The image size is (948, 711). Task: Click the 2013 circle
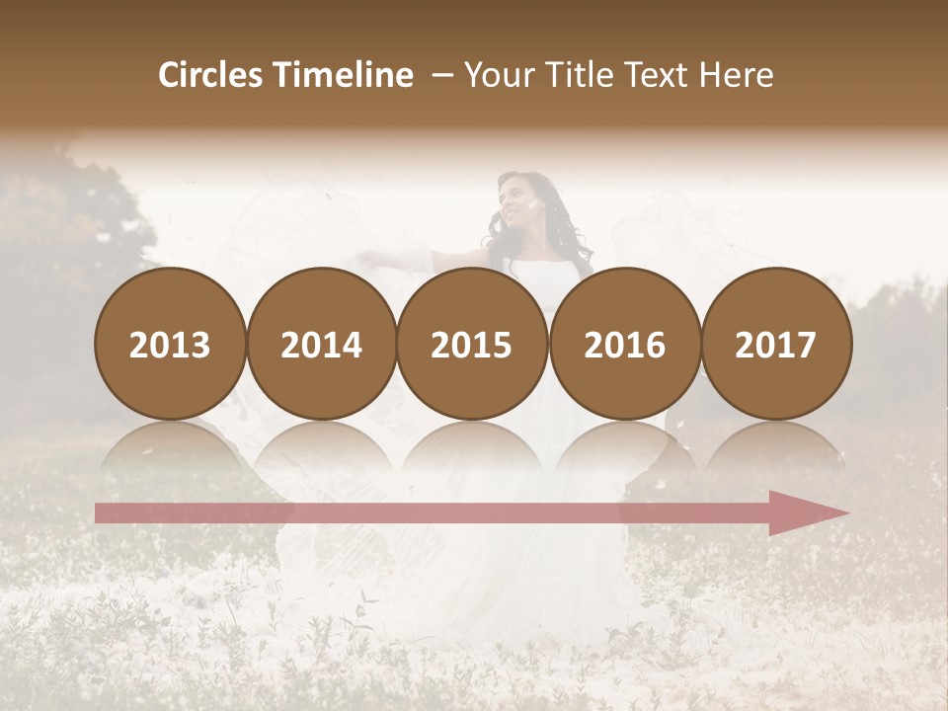pyautogui.click(x=170, y=344)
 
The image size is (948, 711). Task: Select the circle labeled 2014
pyautogui.click(x=321, y=344)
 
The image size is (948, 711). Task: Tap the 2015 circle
pyautogui.click(x=472, y=344)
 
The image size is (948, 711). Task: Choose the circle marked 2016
pyautogui.click(x=624, y=344)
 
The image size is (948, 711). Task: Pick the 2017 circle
pyautogui.click(x=775, y=344)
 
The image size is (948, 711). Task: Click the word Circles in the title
pyautogui.click(x=212, y=75)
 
